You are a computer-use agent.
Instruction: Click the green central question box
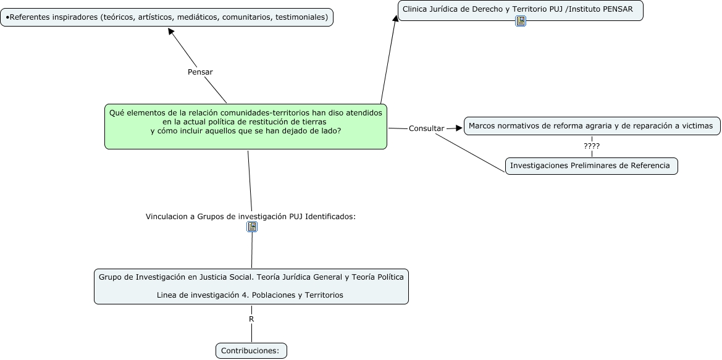[x=246, y=127]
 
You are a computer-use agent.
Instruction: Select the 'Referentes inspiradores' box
[x=167, y=17]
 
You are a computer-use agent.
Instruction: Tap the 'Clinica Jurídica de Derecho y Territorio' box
[x=520, y=10]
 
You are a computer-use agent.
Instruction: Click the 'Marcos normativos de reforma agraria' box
[x=592, y=126]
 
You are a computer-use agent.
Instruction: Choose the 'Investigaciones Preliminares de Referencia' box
[x=592, y=165]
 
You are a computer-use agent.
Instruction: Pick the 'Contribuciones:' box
[x=251, y=351]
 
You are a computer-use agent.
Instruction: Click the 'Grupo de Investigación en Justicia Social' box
[x=251, y=287]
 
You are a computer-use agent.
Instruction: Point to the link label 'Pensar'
[x=200, y=72]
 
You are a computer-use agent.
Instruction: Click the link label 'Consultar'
[x=426, y=128]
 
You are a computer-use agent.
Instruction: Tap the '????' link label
[x=592, y=146]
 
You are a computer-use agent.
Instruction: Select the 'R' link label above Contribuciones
[x=251, y=319]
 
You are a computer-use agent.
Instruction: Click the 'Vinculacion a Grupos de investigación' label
[x=251, y=216]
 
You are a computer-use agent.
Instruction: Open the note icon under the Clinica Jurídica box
[x=521, y=21]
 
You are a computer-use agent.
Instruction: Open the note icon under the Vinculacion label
[x=252, y=227]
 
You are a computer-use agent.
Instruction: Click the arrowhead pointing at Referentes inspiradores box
[x=171, y=31]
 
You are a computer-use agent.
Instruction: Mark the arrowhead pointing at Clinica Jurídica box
[x=395, y=17]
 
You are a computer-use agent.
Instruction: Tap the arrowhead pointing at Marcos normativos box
[x=459, y=128]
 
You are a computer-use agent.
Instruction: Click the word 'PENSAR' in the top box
[x=616, y=9]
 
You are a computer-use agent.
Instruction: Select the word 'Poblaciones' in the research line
[x=274, y=295]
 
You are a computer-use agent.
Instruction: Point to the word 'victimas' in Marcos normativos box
[x=696, y=126]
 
